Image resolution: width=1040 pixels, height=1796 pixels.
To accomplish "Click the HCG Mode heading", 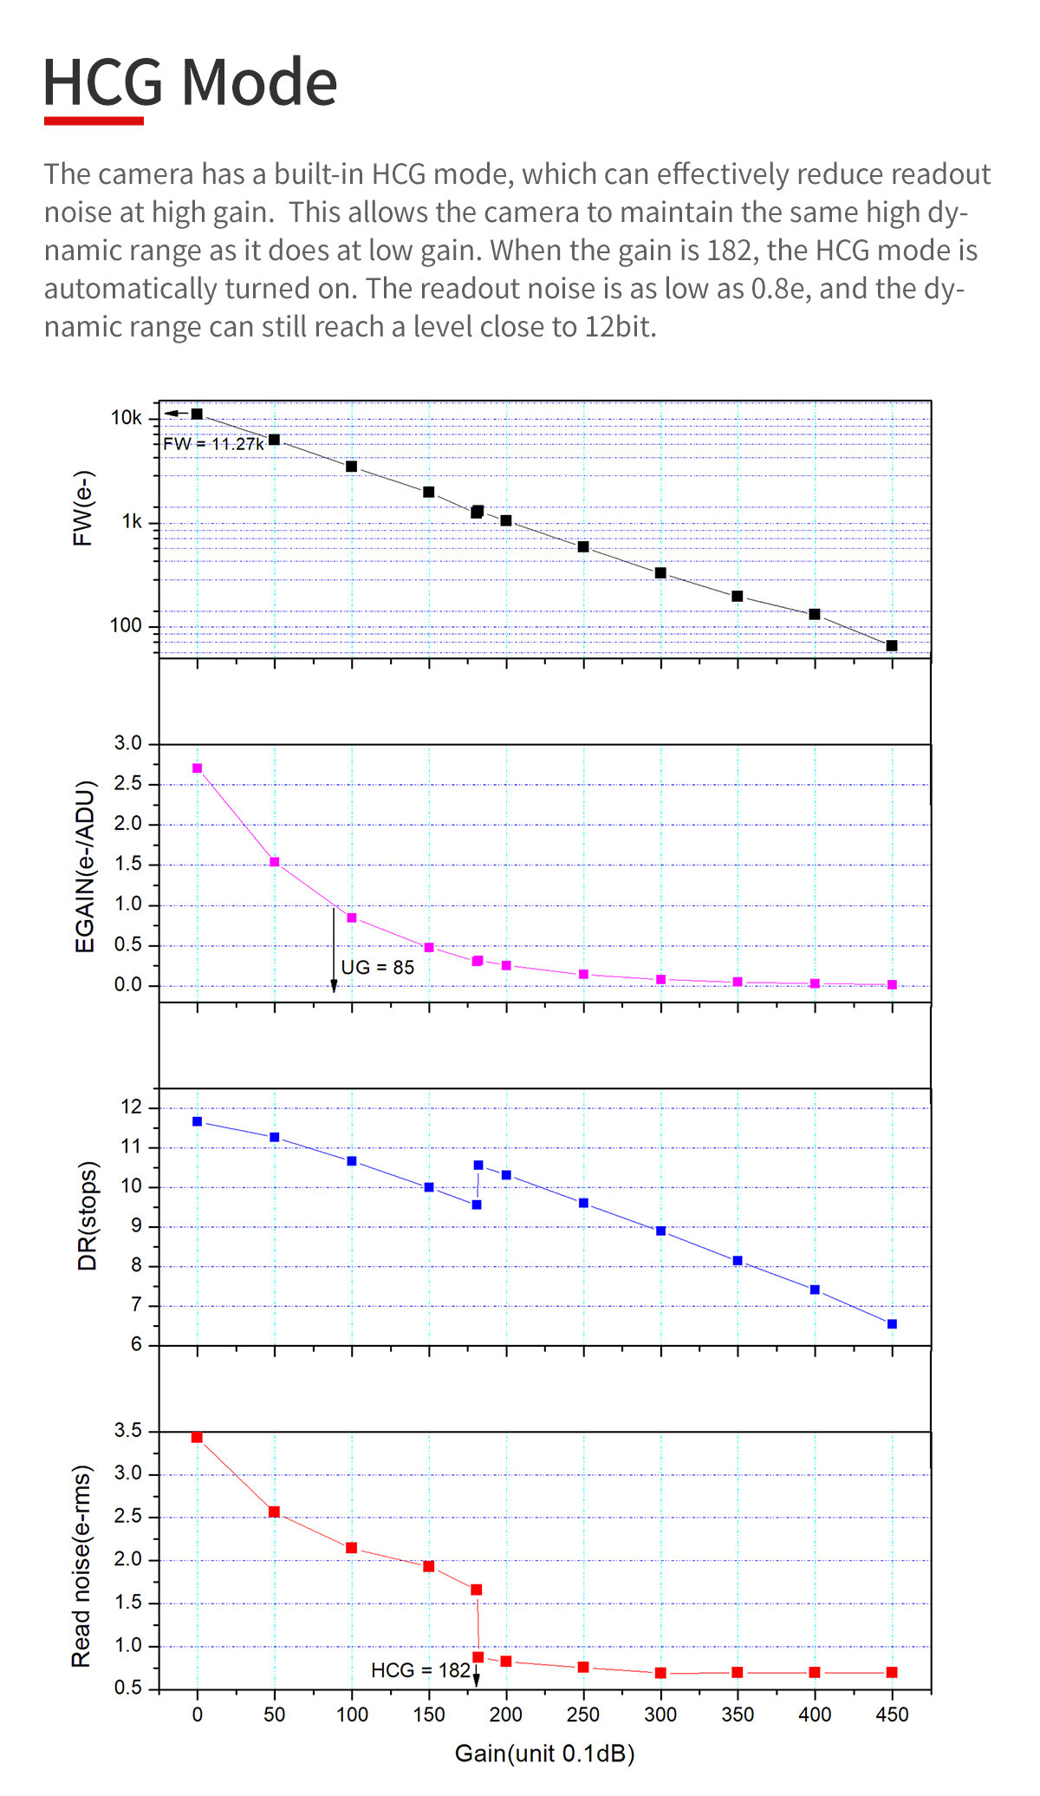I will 190,82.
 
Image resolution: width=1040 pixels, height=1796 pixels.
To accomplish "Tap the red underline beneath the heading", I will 94,121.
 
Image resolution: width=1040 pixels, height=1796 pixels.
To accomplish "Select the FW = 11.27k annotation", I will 214,444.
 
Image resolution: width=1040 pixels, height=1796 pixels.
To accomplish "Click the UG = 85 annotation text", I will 377,968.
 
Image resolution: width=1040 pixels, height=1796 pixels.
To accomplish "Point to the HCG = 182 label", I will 420,1670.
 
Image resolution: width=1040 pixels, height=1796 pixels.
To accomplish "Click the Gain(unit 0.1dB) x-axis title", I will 544,1754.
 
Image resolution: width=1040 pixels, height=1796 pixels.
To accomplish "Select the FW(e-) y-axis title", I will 82,508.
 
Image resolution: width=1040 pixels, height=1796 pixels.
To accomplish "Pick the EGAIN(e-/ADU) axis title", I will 85,867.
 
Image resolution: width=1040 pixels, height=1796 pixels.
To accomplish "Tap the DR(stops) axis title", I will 87,1216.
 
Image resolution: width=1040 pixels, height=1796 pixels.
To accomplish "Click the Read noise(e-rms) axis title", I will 81,1566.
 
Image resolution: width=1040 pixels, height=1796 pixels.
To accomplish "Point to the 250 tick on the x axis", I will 583,1714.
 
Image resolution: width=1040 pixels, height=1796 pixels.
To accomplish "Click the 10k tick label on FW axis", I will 126,418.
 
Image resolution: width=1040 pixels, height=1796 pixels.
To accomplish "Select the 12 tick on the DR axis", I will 131,1107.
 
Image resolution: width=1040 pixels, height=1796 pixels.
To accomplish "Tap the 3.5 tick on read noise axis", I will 127,1430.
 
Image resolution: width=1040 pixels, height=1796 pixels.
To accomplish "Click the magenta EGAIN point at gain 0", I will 198,768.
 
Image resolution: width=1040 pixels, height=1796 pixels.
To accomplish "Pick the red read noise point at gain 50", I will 275,1512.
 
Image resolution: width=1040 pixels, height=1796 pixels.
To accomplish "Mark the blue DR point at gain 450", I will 892,1324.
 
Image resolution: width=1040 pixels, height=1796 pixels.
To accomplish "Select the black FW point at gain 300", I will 660,573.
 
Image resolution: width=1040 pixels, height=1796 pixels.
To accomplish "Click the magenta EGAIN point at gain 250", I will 583,975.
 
